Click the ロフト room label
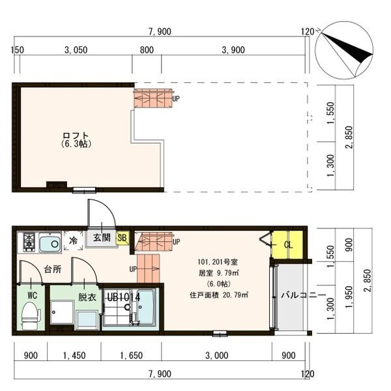coord(76,136)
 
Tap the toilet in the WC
coord(31,315)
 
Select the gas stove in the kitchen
coord(29,241)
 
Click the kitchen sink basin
coord(50,243)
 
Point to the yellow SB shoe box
coord(123,238)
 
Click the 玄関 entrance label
coord(102,237)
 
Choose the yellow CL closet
coord(287,245)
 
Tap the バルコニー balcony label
coord(304,295)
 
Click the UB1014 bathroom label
coord(124,297)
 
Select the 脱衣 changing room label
coord(87,297)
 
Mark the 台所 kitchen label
coord(53,269)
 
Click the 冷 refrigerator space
coord(73,240)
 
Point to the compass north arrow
coord(347,47)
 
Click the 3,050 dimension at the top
coord(76,50)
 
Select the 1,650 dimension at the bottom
coord(132,355)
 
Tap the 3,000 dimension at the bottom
coord(217,355)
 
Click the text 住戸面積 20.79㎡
coord(219,295)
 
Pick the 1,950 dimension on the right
coord(349,297)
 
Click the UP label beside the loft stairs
coord(176,99)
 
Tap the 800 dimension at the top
coord(147,50)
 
